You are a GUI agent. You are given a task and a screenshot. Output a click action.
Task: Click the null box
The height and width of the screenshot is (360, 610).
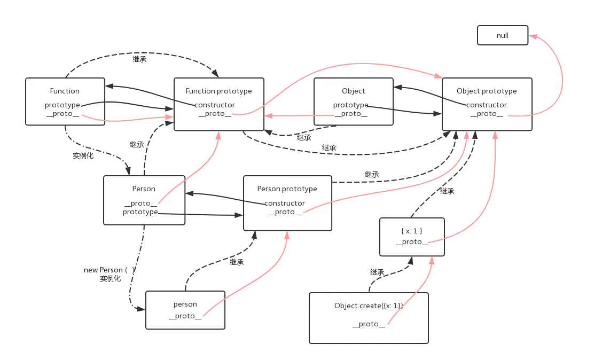tap(502, 36)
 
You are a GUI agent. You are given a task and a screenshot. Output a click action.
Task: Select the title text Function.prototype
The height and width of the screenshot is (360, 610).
tap(218, 91)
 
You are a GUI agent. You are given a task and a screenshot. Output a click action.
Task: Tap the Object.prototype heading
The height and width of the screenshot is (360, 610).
tap(487, 91)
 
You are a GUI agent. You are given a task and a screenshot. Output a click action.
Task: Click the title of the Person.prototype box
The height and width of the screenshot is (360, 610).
tap(287, 189)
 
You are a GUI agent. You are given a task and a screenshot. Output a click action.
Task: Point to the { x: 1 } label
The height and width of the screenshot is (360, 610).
tap(412, 230)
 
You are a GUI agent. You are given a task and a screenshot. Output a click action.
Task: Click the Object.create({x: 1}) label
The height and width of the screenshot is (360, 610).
tap(369, 306)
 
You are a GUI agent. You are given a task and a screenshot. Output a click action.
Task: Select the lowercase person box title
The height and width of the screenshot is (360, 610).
tap(185, 304)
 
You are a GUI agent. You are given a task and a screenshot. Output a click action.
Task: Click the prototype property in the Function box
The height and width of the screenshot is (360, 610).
tap(62, 105)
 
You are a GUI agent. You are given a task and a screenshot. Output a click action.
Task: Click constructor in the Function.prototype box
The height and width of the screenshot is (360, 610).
tap(214, 105)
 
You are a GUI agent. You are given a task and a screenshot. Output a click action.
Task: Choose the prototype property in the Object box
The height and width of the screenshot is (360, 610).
tap(351, 105)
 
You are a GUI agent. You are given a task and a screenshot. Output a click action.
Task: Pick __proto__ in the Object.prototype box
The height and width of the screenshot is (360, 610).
tap(487, 114)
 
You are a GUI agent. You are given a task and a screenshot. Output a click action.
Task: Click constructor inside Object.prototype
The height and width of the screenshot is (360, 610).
tap(487, 105)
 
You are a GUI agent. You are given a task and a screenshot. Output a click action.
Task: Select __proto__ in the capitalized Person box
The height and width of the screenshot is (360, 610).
tap(140, 203)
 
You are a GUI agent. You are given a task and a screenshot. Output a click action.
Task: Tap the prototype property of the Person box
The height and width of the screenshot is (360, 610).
tap(140, 212)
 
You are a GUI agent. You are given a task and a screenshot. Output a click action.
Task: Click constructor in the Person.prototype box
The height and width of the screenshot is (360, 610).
tap(285, 203)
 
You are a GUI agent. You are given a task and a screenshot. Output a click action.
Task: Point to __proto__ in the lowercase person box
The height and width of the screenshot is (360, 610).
tap(185, 316)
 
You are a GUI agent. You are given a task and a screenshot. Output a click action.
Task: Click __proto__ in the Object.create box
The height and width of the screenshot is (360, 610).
tap(369, 324)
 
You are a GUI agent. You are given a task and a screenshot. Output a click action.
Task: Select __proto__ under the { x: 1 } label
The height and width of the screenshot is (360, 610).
tap(412, 242)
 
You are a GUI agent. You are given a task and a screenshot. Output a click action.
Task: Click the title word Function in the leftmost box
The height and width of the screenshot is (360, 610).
tap(65, 91)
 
